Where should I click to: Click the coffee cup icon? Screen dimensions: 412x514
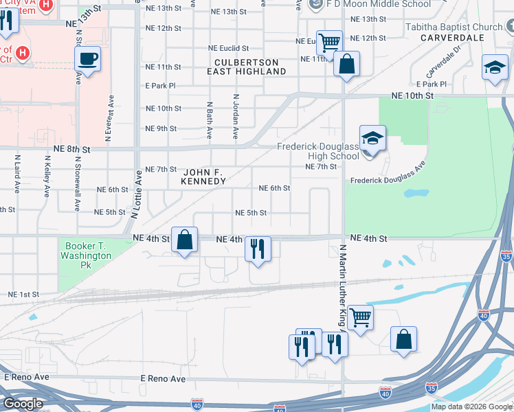click(87, 58)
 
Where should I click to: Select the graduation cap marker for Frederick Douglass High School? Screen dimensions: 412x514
click(372, 139)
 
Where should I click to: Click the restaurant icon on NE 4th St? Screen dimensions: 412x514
click(258, 249)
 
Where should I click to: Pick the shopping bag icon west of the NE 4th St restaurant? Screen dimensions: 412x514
click(184, 240)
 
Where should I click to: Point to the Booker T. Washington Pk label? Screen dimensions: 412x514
click(88, 251)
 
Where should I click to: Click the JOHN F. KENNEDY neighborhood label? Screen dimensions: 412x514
click(203, 176)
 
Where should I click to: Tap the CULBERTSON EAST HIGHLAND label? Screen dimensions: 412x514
click(245, 67)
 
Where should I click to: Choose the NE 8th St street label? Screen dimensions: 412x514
click(72, 149)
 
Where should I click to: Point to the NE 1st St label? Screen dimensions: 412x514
click(23, 294)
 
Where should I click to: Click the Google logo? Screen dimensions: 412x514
click(22, 404)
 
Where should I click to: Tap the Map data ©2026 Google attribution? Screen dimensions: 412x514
click(471, 407)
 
